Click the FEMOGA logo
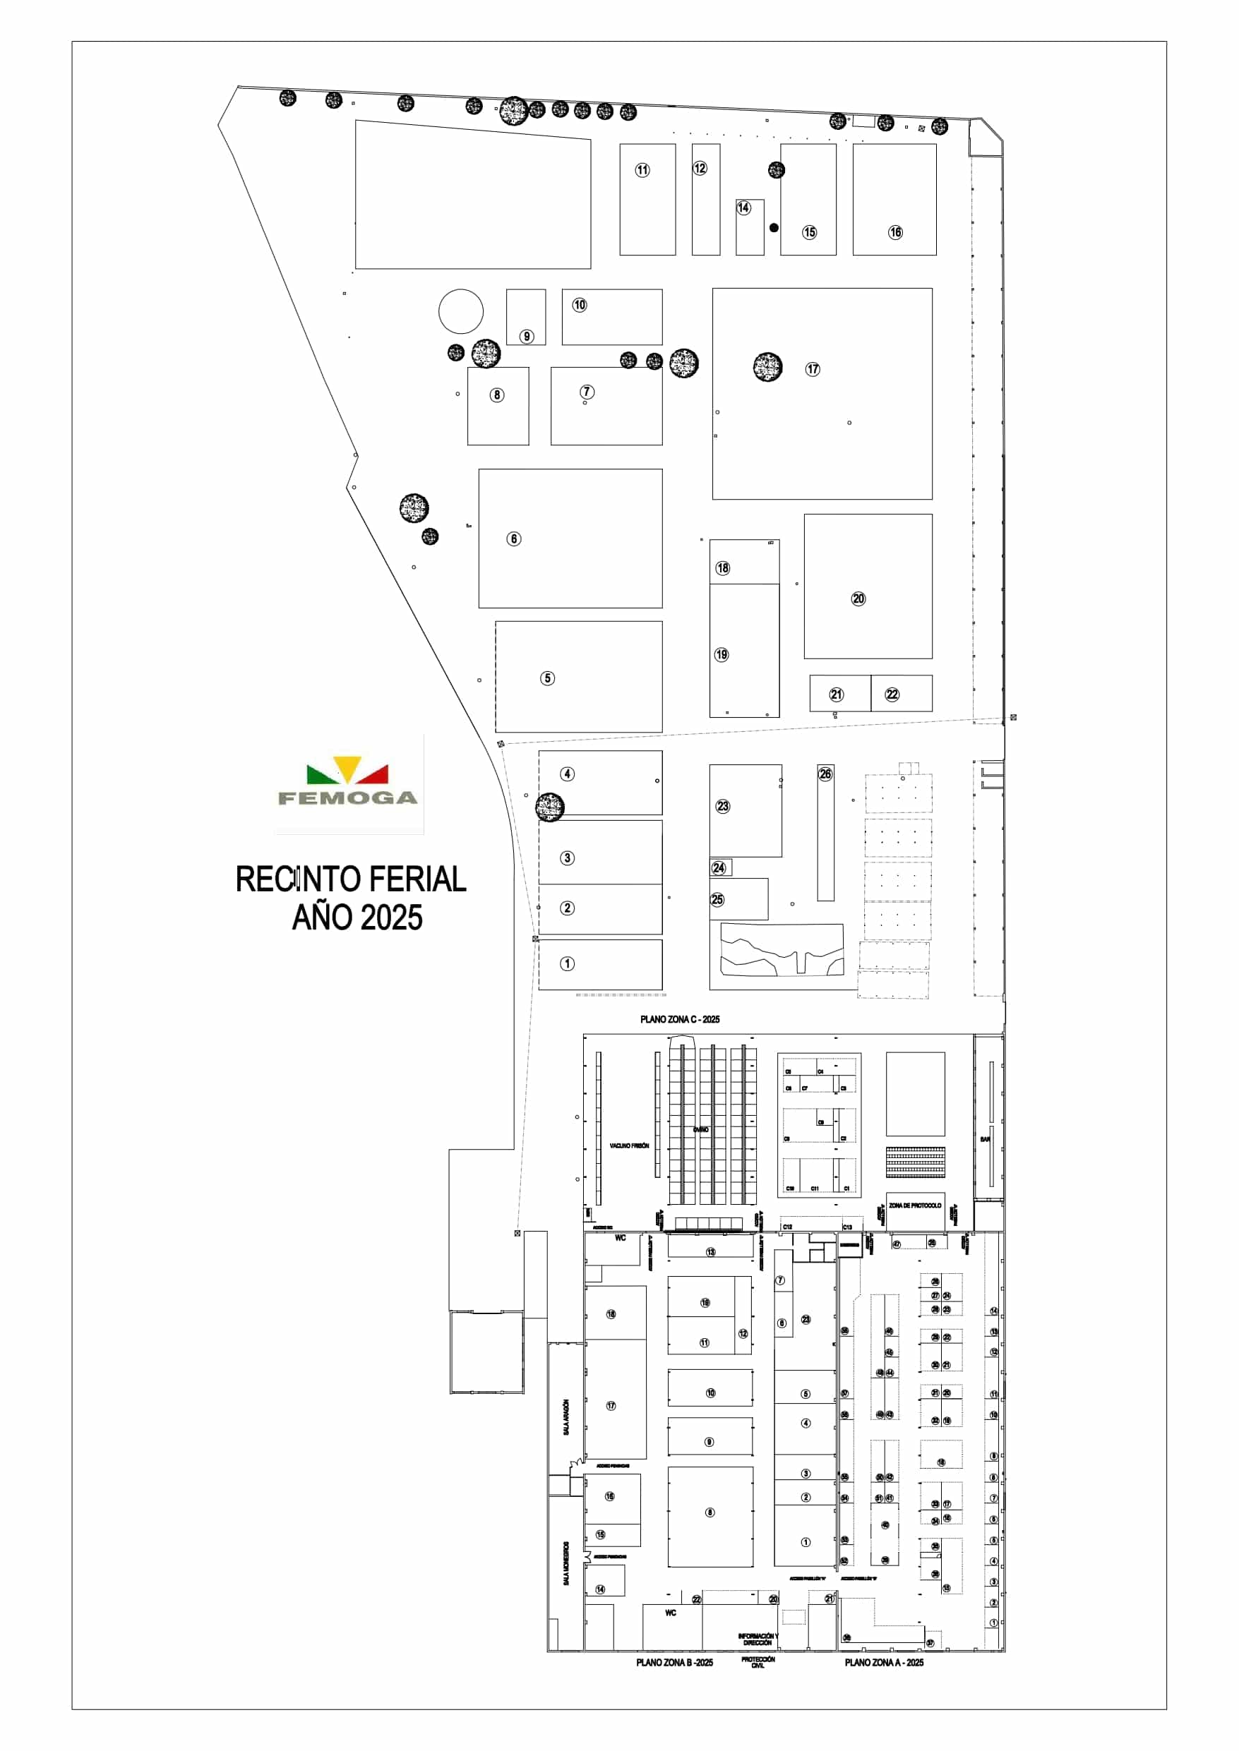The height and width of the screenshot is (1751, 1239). click(x=348, y=783)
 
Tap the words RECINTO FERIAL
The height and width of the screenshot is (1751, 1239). click(x=350, y=879)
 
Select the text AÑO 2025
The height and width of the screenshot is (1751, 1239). click(x=357, y=917)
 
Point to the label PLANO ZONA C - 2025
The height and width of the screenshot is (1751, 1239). click(x=679, y=1019)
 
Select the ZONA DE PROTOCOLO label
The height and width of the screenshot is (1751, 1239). click(x=915, y=1205)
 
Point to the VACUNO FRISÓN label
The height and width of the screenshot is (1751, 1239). click(x=630, y=1145)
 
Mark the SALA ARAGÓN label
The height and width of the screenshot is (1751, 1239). click(x=566, y=1417)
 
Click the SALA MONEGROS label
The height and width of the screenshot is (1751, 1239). click(x=566, y=1563)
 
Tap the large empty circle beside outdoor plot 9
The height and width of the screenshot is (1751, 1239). click(x=461, y=311)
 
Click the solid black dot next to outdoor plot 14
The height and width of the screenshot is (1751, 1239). click(x=774, y=227)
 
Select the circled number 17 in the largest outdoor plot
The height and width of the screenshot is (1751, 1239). click(x=813, y=369)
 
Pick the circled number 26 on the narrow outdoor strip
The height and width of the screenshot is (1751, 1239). click(x=825, y=774)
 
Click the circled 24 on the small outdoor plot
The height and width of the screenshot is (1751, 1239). click(x=719, y=868)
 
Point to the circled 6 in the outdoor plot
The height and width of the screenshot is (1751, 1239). click(x=514, y=539)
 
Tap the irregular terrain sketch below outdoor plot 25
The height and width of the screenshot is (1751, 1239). click(x=782, y=950)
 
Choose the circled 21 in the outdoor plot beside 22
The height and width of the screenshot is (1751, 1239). click(x=836, y=694)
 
